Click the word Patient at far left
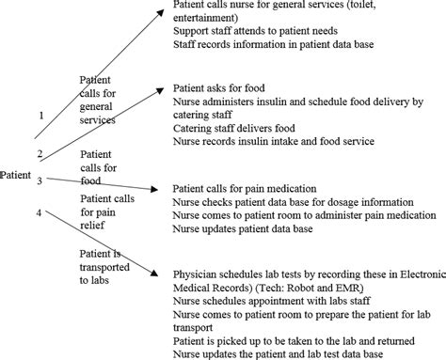click(x=17, y=175)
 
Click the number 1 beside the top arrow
click(x=40, y=116)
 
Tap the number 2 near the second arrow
click(x=39, y=152)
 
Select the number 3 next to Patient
click(x=40, y=180)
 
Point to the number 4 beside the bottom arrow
click(x=39, y=212)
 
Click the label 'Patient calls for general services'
click(x=98, y=100)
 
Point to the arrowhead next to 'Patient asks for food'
click(x=155, y=87)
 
